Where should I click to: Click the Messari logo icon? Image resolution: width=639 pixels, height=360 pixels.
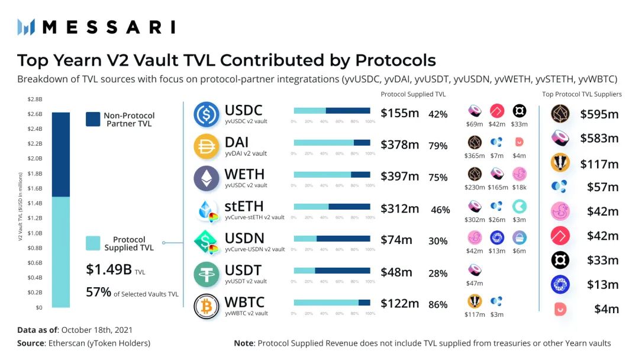pyautogui.click(x=26, y=27)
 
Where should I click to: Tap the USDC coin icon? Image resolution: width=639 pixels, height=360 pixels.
pyautogui.click(x=206, y=114)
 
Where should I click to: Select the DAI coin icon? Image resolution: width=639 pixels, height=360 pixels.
pyautogui.click(x=206, y=146)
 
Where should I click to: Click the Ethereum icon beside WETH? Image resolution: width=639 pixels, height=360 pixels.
pyautogui.click(x=206, y=178)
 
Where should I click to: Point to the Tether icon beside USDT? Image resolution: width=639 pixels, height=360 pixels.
pyautogui.click(x=206, y=274)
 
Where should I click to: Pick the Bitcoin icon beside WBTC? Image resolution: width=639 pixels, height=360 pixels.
pyautogui.click(x=206, y=306)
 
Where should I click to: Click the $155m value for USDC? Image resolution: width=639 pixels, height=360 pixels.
pyautogui.click(x=400, y=113)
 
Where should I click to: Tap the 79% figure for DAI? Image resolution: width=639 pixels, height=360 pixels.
pyautogui.click(x=438, y=146)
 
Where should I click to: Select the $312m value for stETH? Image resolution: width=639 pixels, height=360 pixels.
pyautogui.click(x=400, y=208)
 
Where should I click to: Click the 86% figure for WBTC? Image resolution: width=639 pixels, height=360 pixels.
pyautogui.click(x=438, y=305)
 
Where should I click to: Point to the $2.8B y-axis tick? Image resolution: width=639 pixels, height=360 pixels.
pyautogui.click(x=35, y=98)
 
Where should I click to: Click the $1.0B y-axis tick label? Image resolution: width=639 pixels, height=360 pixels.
pyautogui.click(x=35, y=233)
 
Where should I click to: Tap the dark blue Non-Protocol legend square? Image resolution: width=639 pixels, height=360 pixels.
pyautogui.click(x=92, y=119)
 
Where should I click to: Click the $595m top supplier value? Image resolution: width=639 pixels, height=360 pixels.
pyautogui.click(x=599, y=114)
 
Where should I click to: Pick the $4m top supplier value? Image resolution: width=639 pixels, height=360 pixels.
pyautogui.click(x=606, y=308)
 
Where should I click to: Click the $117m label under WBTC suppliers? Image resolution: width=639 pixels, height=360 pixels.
pyautogui.click(x=475, y=314)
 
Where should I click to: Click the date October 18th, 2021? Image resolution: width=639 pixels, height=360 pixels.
pyautogui.click(x=96, y=330)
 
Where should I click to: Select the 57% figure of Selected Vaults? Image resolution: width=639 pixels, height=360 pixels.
pyautogui.click(x=99, y=292)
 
